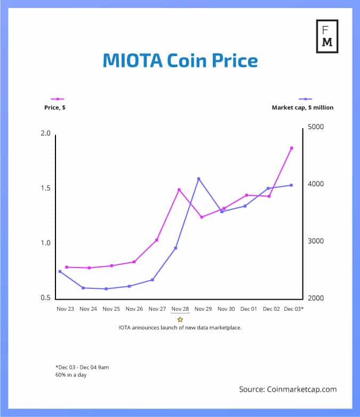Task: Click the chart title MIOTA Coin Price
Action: coord(180,60)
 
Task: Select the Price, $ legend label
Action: coord(55,107)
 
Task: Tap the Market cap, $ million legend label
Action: coord(302,107)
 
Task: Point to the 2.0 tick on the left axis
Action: coord(46,133)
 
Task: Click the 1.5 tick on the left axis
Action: coord(46,188)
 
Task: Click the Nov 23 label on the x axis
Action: coord(66,309)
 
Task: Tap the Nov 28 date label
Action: coord(180,309)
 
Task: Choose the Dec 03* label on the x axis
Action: coord(294,309)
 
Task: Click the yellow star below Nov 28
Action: coord(180,319)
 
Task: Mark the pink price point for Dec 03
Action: coord(292,148)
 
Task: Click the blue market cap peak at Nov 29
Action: coord(199,178)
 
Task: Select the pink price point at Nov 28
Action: coord(179,190)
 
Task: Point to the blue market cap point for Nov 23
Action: coord(60,271)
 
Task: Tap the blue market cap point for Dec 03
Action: coord(291,185)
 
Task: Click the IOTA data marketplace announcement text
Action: coord(180,327)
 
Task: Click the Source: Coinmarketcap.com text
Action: coord(287,389)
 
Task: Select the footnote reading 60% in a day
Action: coord(71,375)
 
